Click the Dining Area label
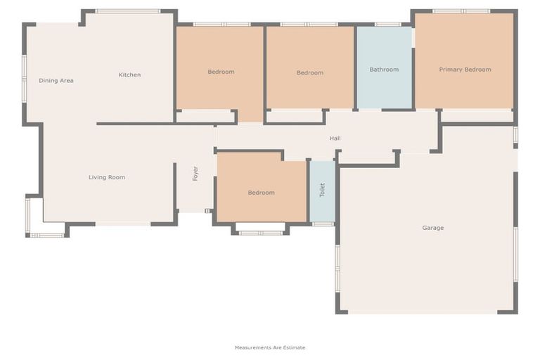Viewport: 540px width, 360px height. [56, 81]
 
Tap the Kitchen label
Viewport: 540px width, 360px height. [129, 75]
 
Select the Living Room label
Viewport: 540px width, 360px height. [107, 178]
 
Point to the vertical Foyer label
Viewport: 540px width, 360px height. [195, 174]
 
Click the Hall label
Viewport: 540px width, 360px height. [335, 139]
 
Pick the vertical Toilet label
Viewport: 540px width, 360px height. [323, 190]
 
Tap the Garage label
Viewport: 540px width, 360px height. [432, 228]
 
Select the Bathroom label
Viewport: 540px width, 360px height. [384, 70]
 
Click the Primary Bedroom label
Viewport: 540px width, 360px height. [465, 70]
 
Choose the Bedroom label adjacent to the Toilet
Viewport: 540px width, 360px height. [261, 193]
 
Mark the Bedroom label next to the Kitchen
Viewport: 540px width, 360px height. [221, 72]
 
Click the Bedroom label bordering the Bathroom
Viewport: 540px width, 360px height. [309, 73]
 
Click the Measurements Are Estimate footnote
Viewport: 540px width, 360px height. [270, 347]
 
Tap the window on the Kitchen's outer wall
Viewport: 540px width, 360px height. [128, 11]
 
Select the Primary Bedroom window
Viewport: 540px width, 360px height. [461, 11]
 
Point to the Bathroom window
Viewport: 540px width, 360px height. [387, 25]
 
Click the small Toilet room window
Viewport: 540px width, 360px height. [323, 224]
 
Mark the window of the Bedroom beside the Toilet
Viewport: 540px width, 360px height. [260, 232]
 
